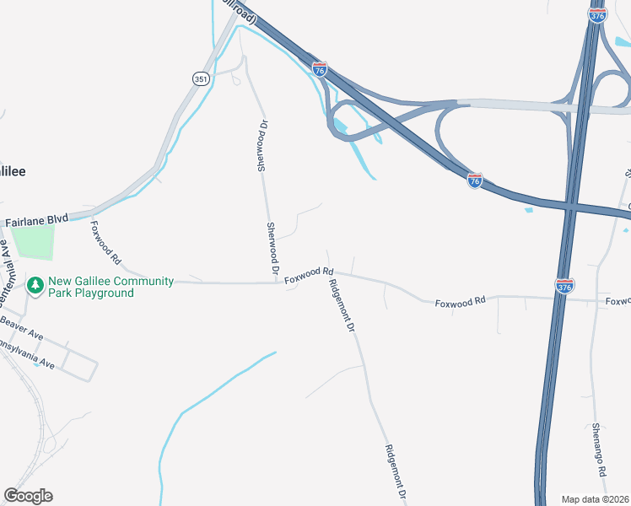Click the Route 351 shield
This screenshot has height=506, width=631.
(x=201, y=78)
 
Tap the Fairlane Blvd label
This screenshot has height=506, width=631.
(x=36, y=220)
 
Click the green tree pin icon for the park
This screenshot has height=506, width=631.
(x=35, y=287)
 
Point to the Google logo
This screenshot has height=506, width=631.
(x=28, y=496)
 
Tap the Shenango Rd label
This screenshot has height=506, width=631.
(x=600, y=448)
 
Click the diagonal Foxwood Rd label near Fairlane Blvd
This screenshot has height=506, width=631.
(x=107, y=243)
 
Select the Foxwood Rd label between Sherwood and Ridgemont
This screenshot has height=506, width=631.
(x=309, y=274)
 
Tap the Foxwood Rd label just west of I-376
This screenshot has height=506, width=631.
(x=461, y=301)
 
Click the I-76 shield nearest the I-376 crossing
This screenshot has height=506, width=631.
(x=475, y=180)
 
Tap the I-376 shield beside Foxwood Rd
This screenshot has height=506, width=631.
(x=564, y=286)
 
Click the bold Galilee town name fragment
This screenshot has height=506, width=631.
(x=13, y=171)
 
